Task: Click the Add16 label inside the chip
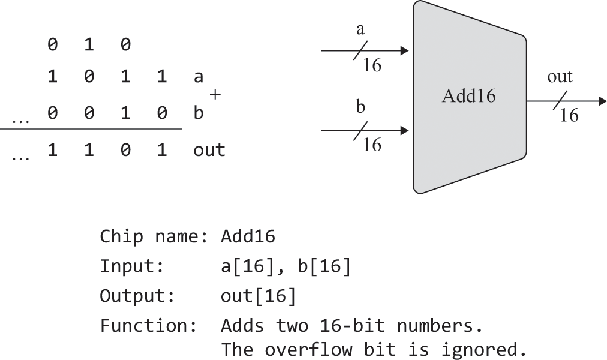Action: [468, 96]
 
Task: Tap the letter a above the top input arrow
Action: [360, 31]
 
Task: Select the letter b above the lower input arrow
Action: [360, 108]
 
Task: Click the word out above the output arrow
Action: [560, 77]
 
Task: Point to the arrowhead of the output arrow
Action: [601, 101]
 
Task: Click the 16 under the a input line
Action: [372, 65]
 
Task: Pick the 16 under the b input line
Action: [372, 144]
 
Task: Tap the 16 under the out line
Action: [569, 115]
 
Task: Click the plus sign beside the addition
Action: [215, 94]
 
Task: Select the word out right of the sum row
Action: [209, 150]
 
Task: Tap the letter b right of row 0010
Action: [198, 113]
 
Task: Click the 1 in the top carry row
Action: [89, 44]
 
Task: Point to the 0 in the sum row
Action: [125, 150]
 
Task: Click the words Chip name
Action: [153, 236]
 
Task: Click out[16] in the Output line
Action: [258, 296]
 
